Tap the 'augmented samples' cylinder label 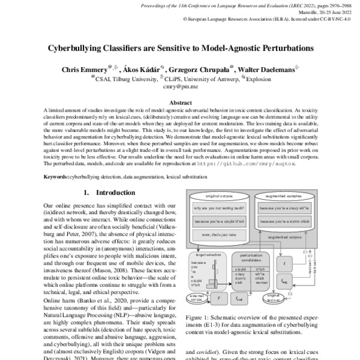(x=284, y=197)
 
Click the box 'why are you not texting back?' (x=219, y=209)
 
